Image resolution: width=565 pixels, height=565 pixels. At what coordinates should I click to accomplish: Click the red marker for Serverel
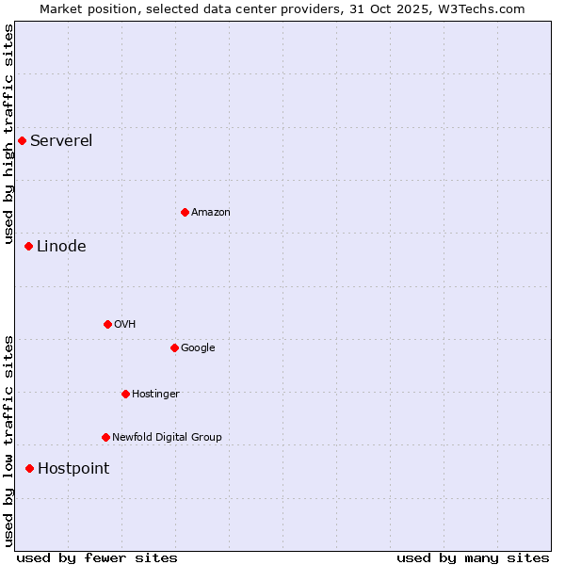tap(22, 141)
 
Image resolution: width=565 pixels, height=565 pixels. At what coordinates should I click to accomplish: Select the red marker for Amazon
tap(185, 213)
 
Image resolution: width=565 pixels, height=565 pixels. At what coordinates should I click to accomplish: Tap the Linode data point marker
tap(28, 247)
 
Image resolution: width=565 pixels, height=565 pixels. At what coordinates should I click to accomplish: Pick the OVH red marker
tap(107, 325)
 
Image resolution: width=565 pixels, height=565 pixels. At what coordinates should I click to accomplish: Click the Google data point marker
tap(174, 348)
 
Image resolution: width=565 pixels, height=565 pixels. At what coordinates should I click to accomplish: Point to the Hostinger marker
tap(125, 395)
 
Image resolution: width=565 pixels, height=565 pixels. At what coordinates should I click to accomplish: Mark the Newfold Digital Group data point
tap(105, 438)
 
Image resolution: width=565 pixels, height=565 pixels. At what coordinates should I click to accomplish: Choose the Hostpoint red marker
tap(29, 469)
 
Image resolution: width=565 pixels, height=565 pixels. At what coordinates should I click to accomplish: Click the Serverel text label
tap(61, 141)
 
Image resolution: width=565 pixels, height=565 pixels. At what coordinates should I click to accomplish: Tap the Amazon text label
tap(211, 213)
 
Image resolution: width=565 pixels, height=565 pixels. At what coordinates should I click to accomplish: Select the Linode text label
tap(61, 247)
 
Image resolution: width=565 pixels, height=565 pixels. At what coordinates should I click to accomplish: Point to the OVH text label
tap(125, 325)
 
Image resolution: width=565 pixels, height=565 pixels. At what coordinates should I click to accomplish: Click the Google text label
tap(198, 348)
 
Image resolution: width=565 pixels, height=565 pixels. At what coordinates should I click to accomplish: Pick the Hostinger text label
tap(155, 395)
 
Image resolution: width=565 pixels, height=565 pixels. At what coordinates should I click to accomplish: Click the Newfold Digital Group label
tap(167, 438)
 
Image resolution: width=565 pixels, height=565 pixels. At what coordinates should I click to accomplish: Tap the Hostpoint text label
tap(73, 469)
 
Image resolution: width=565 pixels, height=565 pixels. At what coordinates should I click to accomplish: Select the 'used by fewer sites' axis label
tap(97, 557)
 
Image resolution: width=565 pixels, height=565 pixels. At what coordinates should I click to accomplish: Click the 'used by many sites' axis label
tap(473, 557)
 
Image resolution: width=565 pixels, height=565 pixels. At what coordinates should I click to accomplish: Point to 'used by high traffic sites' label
tap(9, 136)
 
